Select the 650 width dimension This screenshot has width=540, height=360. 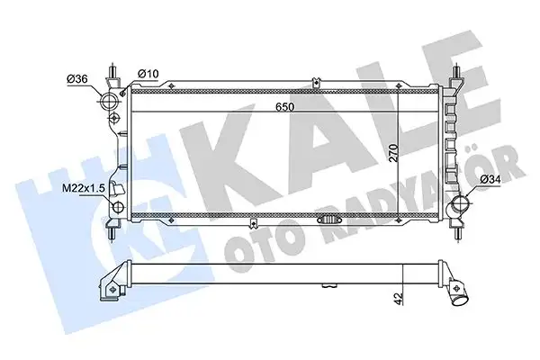point(286,105)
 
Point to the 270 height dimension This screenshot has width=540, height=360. point(417,153)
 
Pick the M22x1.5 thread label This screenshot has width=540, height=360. point(84,187)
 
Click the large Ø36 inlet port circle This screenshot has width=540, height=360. point(111,98)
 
